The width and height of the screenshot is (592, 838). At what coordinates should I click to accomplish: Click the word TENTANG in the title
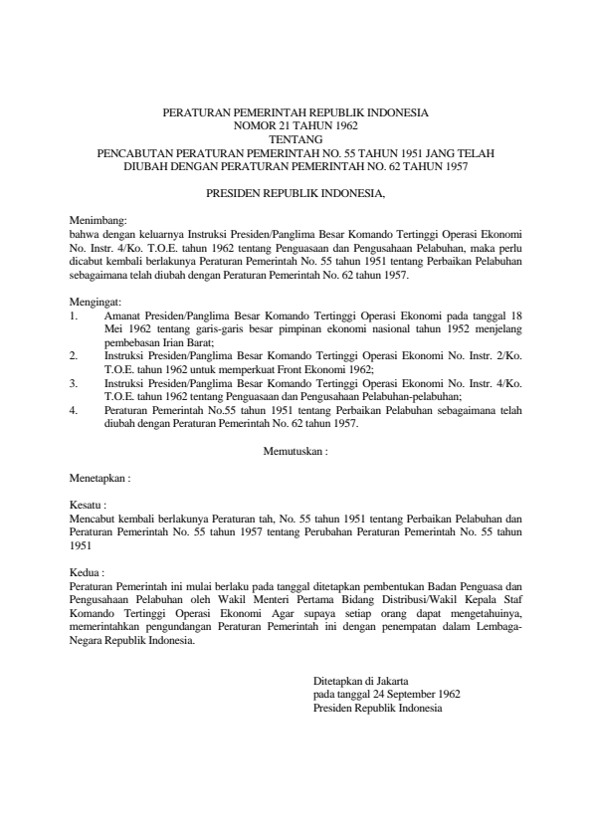[296, 140]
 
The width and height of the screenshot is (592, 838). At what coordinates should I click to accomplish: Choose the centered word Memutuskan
[293, 451]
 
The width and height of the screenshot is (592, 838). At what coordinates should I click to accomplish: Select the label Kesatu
[87, 506]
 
